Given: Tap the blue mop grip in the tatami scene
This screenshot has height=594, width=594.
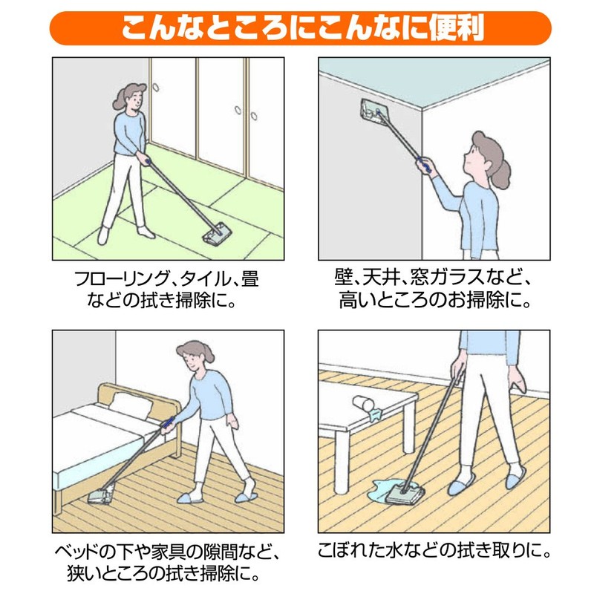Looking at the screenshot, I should (x=147, y=161).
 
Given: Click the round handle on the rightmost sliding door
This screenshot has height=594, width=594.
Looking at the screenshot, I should (x=254, y=116).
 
